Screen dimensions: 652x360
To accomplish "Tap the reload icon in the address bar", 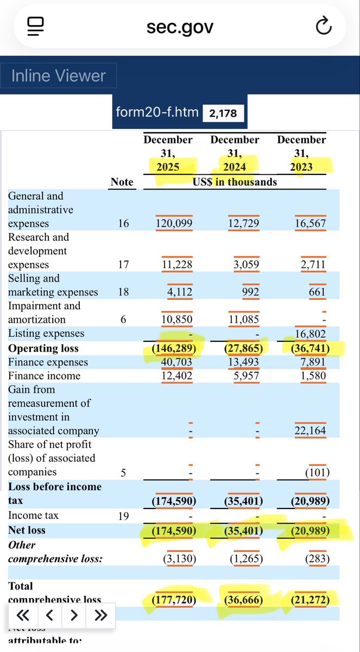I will point(324,26).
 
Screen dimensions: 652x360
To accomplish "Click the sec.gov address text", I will point(180,26).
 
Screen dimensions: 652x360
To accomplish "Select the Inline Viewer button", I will point(59,76).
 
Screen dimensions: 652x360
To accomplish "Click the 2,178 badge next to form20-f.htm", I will point(223,113).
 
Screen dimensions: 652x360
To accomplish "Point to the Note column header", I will point(122,182).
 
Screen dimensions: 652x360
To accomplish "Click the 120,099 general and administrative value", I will point(174,224).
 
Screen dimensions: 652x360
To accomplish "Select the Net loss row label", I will point(27,530).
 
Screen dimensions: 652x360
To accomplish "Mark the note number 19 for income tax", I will point(123,516).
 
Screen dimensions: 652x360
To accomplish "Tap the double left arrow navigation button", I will point(23,615).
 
